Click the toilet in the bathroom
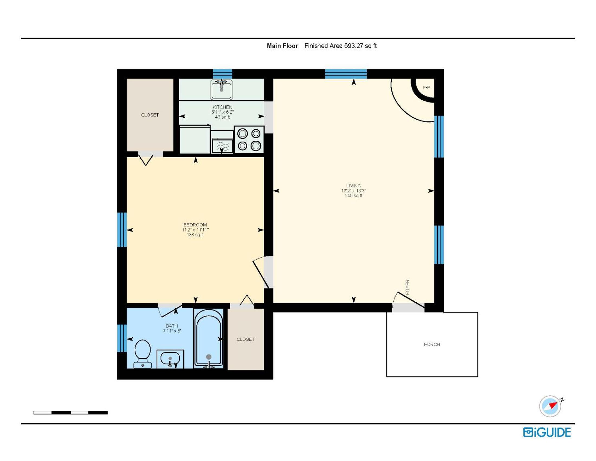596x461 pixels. click(142, 354)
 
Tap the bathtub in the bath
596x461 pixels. click(209, 339)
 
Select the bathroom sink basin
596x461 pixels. click(170, 358)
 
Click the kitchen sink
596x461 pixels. click(221, 89)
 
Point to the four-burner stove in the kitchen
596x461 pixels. click(249, 139)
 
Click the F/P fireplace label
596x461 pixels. click(426, 88)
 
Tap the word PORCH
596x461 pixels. click(432, 344)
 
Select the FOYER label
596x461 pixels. click(407, 287)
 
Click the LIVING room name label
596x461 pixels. click(354, 186)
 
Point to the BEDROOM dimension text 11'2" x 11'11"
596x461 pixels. click(195, 230)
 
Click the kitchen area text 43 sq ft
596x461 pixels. click(222, 117)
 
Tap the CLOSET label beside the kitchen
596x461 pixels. click(150, 115)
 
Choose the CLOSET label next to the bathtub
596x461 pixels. click(245, 339)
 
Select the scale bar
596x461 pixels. click(71, 412)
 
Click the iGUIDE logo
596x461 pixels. click(547, 432)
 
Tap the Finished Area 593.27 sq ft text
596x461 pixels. click(341, 46)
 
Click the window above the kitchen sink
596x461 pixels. click(222, 74)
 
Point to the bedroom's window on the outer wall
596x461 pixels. click(122, 230)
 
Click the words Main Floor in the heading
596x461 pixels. click(283, 46)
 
